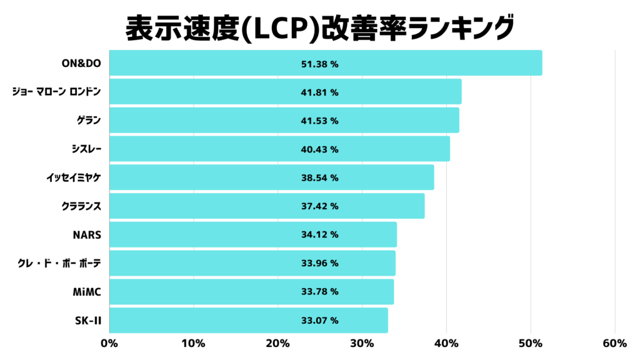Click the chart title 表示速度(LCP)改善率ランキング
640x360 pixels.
(319, 27)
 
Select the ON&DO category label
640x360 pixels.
(81, 63)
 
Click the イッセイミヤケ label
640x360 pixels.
(73, 177)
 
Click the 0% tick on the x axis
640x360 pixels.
(109, 343)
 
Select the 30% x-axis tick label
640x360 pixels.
(362, 343)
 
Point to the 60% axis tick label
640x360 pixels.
(614, 343)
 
